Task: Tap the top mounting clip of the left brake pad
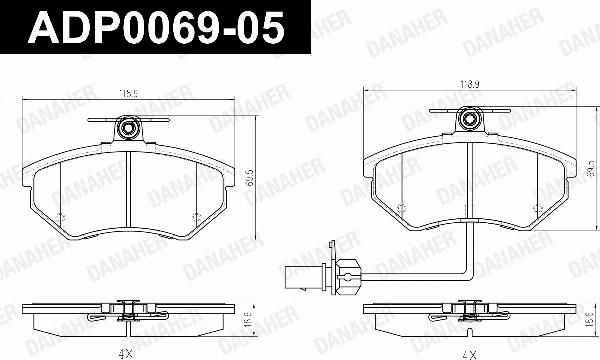pyautogui.click(x=128, y=127)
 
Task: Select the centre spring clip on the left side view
pyautogui.click(x=127, y=313)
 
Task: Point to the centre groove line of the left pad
pyautogui.click(x=132, y=190)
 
